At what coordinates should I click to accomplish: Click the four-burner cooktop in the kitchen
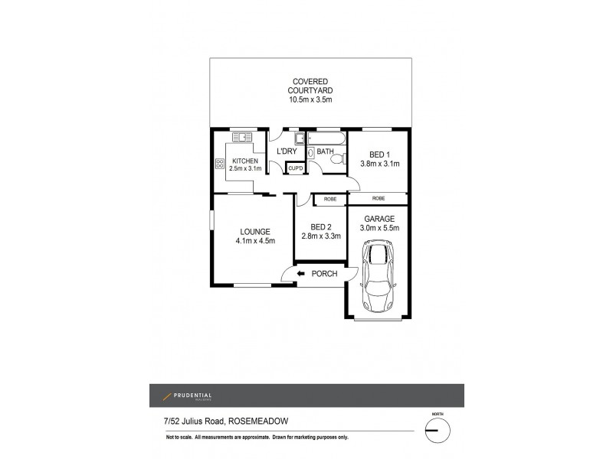(220, 163)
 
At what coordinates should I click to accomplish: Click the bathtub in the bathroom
(325, 138)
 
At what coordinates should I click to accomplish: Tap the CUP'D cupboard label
(295, 168)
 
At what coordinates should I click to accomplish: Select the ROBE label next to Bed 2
(329, 199)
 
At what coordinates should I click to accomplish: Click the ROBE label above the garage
(378, 199)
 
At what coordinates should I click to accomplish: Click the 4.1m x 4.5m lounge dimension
(255, 241)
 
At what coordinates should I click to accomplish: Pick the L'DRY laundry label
(287, 151)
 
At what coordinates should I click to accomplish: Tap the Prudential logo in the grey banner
(187, 396)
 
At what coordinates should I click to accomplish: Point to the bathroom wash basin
(310, 153)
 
